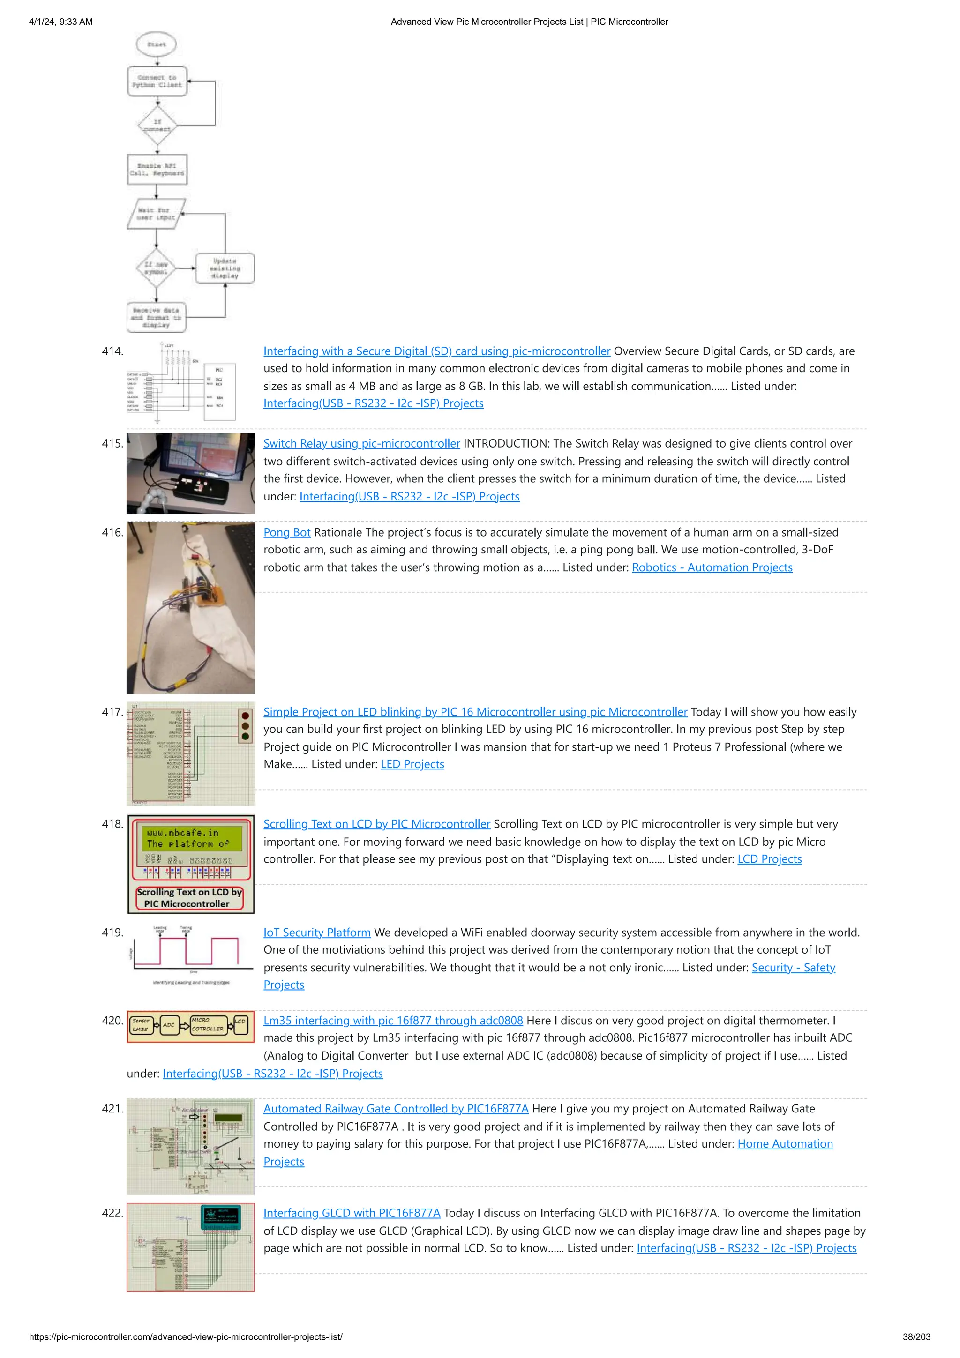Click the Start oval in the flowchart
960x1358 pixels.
[156, 44]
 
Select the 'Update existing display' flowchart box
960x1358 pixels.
[225, 268]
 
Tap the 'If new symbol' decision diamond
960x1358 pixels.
[156, 268]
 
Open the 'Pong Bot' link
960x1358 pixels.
[287, 532]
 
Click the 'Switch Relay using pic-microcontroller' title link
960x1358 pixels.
[361, 444]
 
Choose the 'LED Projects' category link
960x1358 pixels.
[412, 764]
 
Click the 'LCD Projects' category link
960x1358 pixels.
[769, 859]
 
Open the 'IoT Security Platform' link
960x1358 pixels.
[317, 932]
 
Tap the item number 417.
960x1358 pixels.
[112, 712]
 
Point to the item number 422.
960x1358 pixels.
[112, 1213]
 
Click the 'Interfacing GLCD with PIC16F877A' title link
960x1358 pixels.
[352, 1213]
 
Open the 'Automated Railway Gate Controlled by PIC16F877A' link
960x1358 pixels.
[396, 1109]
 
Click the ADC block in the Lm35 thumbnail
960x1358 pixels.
[169, 1025]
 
